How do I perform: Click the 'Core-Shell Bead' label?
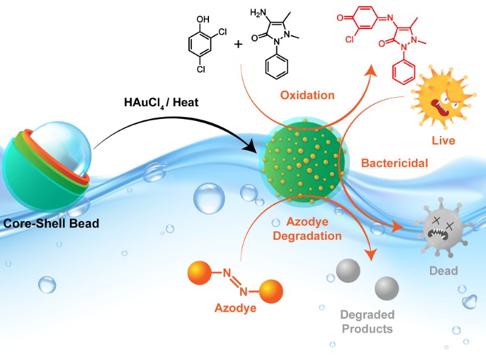pyautogui.click(x=52, y=223)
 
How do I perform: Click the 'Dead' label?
pyautogui.click(x=444, y=271)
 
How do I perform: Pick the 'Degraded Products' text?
pyautogui.click(x=367, y=322)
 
